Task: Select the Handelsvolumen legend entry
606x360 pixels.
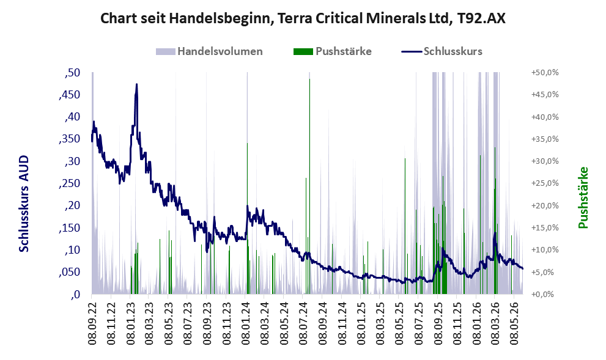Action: click(x=209, y=51)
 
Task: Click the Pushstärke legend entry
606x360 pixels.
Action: click(x=333, y=51)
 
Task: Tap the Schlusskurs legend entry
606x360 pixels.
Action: click(x=442, y=51)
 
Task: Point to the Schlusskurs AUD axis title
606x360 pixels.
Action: click(x=24, y=204)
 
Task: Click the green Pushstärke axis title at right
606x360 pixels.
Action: click(x=583, y=197)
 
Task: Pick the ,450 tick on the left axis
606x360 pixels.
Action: click(x=70, y=95)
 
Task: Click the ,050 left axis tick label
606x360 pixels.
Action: click(x=70, y=272)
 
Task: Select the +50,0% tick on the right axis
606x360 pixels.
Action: click(x=545, y=73)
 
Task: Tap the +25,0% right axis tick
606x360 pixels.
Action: click(x=545, y=183)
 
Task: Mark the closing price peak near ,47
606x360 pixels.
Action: click(x=136, y=84)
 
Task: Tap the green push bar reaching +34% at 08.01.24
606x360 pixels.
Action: click(x=247, y=219)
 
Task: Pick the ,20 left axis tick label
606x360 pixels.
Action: click(x=72, y=205)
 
